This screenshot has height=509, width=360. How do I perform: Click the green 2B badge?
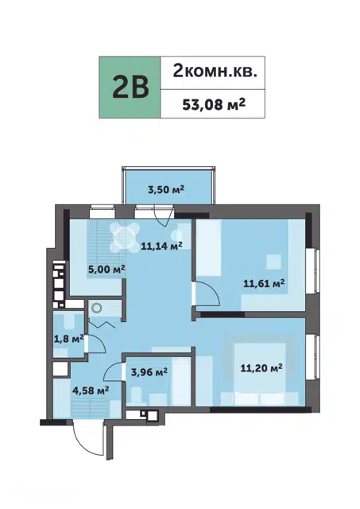130,87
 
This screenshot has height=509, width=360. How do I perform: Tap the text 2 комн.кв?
215,71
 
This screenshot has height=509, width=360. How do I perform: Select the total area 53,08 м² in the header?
214,104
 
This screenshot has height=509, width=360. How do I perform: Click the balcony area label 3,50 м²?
166,189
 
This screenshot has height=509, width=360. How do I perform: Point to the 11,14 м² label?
161,246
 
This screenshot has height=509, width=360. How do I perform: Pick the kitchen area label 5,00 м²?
106,269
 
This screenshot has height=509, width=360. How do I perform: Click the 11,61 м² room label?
264,283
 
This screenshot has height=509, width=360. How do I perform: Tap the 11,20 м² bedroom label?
261,367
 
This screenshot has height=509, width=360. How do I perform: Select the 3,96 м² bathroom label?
149,371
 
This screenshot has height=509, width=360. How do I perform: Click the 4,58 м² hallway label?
91,390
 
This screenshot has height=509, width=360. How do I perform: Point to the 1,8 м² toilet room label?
69,340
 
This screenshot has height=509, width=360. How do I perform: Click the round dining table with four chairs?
124,237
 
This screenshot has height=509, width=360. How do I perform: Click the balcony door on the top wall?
163,216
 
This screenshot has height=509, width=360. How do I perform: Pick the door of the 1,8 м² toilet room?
96,344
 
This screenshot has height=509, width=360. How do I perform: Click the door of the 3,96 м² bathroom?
113,372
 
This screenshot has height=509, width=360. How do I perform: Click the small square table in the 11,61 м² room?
273,262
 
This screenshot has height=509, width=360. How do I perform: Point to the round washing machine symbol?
96,308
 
